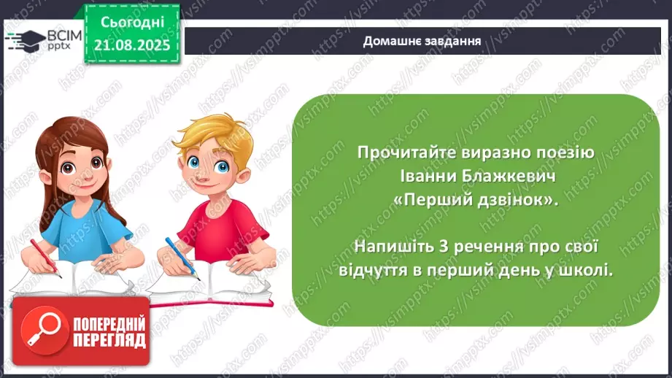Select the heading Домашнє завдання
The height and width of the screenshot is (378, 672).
point(422,41)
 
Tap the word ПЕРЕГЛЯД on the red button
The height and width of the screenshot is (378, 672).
point(109,340)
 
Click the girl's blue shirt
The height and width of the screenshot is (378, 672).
point(80,226)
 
